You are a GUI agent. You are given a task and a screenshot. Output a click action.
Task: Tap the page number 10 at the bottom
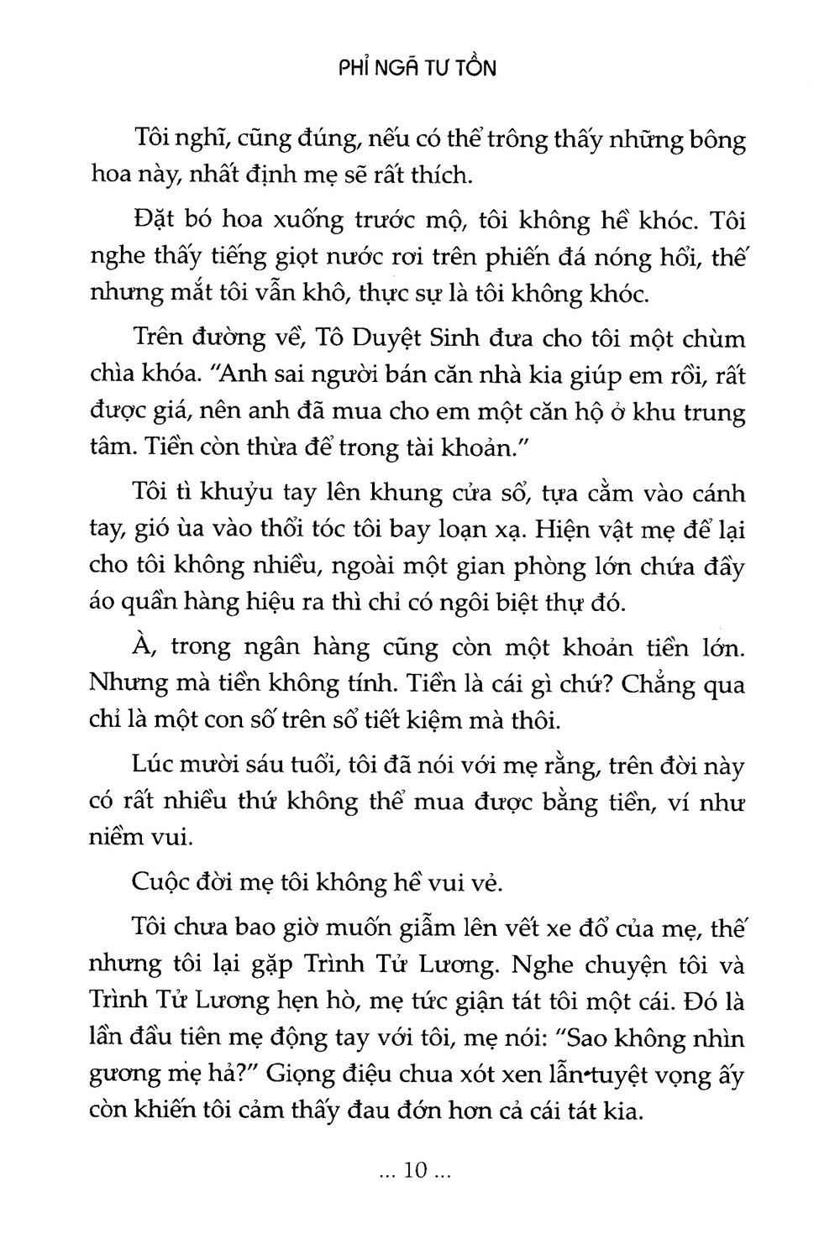pyautogui.click(x=417, y=1171)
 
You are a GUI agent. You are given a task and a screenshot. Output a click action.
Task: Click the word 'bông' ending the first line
pyautogui.click(x=713, y=139)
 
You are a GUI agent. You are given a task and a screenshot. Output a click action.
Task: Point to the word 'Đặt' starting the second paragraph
pyautogui.click(x=152, y=222)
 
